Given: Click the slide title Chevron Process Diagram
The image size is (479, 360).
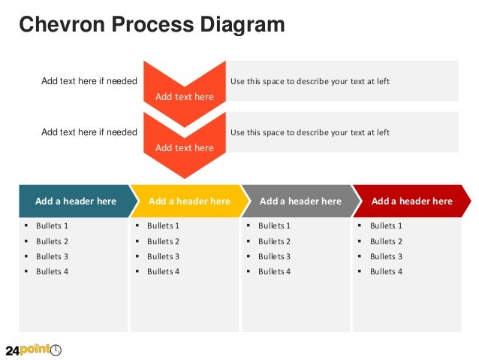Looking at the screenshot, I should coord(152,25).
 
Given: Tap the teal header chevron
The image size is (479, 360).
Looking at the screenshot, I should coord(75,201).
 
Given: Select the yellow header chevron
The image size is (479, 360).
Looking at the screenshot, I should coord(189,201).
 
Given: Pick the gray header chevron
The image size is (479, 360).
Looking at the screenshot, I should coord(300,201).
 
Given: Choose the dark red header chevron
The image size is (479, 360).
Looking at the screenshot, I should coord(411,201).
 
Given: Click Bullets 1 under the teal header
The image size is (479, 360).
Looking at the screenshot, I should coord(52,225).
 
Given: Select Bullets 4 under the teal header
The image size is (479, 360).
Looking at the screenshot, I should coord(52,271).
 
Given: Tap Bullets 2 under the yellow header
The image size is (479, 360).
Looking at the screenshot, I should coord(163,241).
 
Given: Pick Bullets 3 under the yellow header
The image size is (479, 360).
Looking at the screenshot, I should coord(163,256).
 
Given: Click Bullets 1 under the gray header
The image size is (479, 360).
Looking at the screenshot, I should coord(274,225).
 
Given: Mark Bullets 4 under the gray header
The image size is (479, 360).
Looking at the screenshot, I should coord(274,271).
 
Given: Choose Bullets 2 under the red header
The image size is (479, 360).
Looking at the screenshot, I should coord(386,241).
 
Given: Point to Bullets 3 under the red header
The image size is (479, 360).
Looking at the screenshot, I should coord(386,256).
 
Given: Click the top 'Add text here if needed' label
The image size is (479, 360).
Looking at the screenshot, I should coord(89,81).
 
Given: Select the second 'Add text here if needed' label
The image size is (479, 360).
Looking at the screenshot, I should coord(89,132).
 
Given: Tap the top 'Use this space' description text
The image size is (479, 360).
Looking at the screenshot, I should coord(309,81).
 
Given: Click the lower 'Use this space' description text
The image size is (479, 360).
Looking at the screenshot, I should coord(309,132).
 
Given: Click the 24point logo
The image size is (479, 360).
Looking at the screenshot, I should coord(33,349).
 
